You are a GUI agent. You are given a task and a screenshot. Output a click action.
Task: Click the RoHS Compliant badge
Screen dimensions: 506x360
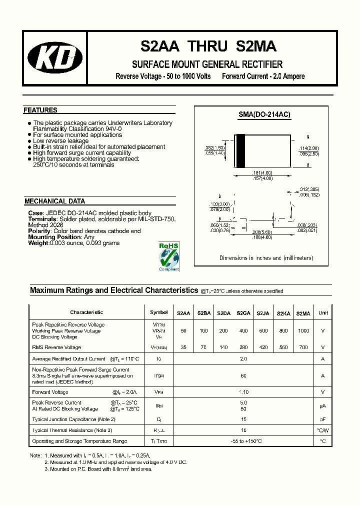point(168,256)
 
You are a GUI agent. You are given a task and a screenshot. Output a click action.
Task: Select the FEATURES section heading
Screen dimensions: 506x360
point(40,110)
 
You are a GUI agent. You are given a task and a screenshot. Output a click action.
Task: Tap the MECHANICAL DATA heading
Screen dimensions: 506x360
point(54,201)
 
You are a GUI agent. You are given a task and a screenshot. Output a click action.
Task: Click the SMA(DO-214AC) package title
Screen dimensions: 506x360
point(264,114)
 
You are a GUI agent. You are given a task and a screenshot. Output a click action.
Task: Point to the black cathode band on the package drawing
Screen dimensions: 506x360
point(240,151)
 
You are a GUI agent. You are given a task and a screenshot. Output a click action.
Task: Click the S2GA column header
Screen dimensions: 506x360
point(243,313)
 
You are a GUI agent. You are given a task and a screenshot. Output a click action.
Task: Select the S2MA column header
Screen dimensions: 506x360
point(303,313)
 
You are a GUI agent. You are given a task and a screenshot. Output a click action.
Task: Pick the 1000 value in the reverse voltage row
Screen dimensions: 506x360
point(303,331)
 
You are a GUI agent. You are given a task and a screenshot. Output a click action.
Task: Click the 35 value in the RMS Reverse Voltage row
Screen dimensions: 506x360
point(183,347)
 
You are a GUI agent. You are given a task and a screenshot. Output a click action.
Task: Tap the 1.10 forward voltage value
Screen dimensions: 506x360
point(243,392)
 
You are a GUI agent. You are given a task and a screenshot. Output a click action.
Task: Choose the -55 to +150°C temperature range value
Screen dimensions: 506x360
point(243,441)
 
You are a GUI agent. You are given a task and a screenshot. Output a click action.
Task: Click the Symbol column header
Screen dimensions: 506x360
point(159,312)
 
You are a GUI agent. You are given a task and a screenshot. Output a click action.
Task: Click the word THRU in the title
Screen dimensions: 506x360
point(207,46)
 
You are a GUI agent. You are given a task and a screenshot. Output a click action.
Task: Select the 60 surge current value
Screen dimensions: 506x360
point(243,375)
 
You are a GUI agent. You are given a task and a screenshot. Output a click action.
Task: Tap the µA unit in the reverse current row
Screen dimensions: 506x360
point(323,405)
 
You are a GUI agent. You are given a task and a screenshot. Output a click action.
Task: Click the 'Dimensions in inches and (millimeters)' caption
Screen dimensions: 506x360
point(266,258)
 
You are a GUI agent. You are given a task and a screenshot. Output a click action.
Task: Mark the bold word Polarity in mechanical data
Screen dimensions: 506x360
point(39,231)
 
